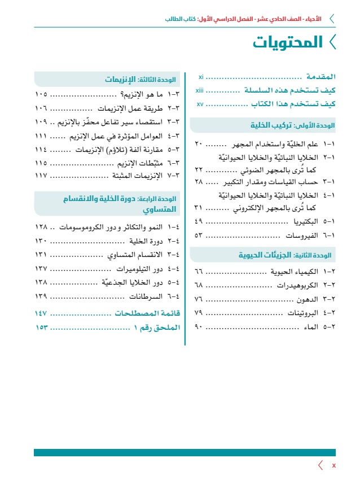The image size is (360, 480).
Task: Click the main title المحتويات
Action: [288, 42]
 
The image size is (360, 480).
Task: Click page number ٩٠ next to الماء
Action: [199, 327]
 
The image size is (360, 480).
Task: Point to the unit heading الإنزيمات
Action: [124, 80]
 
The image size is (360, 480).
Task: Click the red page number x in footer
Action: [333, 465]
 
